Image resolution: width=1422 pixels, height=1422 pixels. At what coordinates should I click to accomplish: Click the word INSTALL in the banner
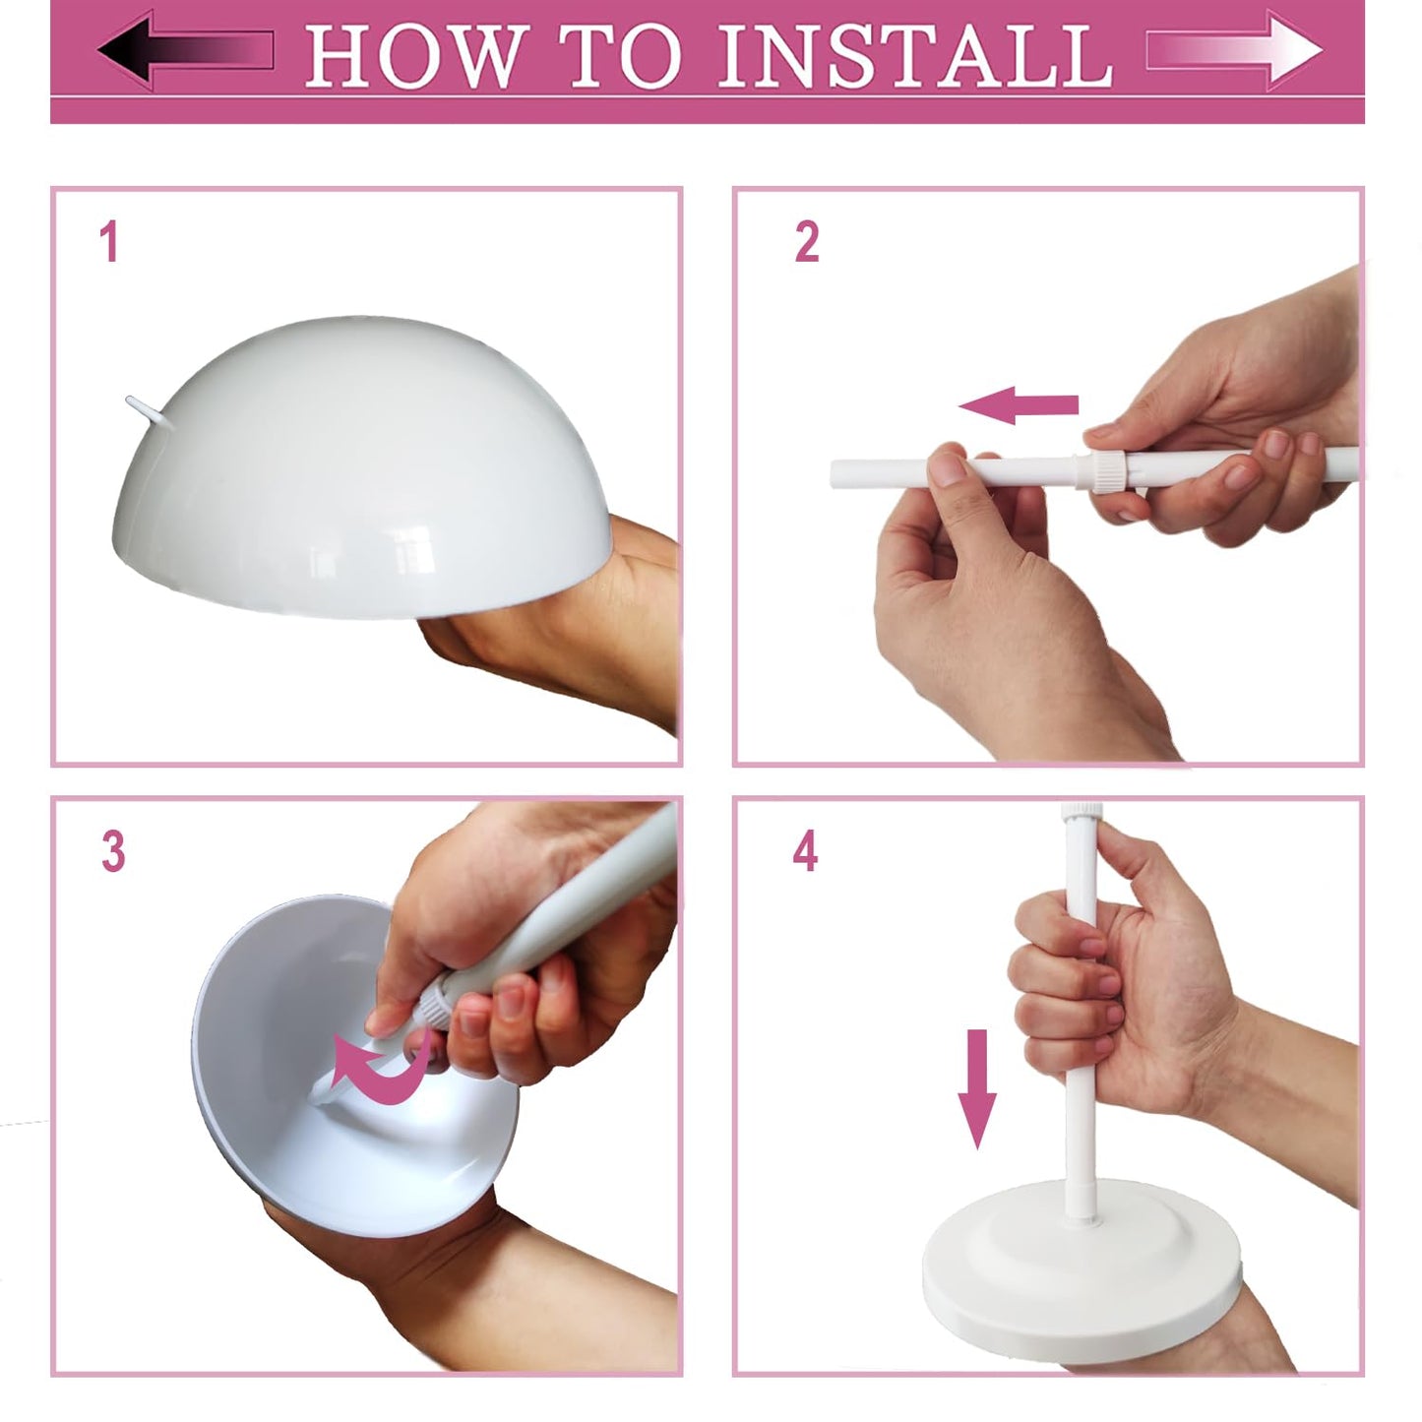[x=915, y=55]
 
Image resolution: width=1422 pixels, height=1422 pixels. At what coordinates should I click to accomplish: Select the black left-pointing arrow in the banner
[x=185, y=49]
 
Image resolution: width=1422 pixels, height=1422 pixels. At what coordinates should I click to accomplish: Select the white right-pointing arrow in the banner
[x=1235, y=49]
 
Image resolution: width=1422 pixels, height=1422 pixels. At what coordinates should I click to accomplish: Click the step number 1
[x=109, y=242]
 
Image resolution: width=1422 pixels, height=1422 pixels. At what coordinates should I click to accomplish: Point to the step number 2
[x=806, y=242]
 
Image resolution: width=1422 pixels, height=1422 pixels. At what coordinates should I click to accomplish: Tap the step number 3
[x=113, y=852]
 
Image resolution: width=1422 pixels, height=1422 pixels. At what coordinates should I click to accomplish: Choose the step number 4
[x=805, y=852]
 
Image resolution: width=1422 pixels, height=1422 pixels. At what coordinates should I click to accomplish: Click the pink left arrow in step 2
[x=1019, y=404]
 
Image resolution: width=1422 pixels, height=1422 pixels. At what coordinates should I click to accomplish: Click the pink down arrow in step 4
[x=976, y=1087]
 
